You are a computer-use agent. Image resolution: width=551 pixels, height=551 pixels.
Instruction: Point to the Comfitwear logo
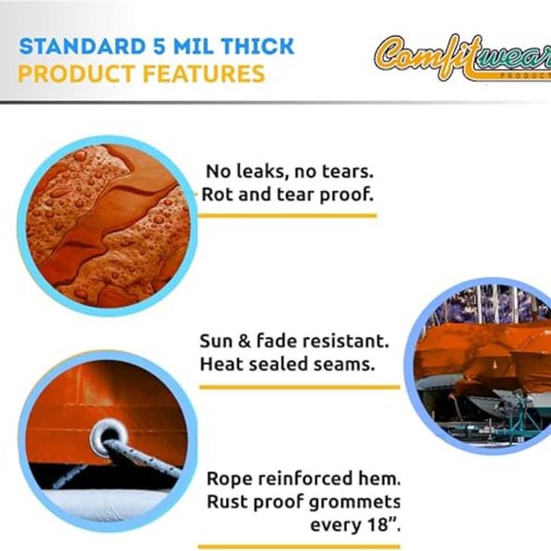(x=462, y=59)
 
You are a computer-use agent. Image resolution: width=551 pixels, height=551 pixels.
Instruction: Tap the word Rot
(x=217, y=195)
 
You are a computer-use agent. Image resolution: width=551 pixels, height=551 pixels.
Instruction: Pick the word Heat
(x=221, y=363)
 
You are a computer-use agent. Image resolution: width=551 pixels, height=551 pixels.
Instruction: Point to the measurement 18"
(x=380, y=523)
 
